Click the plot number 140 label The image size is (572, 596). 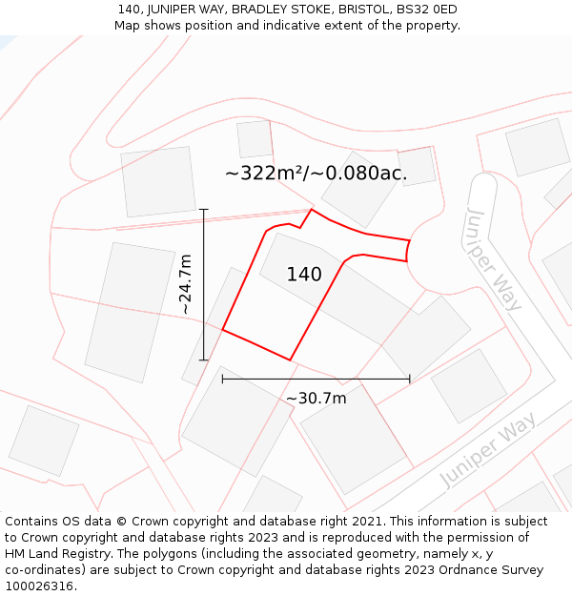tap(304, 275)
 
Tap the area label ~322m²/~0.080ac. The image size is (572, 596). tap(316, 174)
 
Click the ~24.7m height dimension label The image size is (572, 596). tap(186, 284)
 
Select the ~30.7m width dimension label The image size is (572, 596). tap(317, 398)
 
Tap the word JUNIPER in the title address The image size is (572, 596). tap(174, 10)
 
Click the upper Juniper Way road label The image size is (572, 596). tap(494, 258)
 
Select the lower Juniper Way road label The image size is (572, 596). tap(488, 450)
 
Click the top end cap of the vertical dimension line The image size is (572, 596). tap(204, 209)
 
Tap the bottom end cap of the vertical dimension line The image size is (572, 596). tap(204, 360)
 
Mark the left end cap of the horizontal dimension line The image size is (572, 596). tap(222, 379)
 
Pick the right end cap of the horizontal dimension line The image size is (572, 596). tap(410, 379)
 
